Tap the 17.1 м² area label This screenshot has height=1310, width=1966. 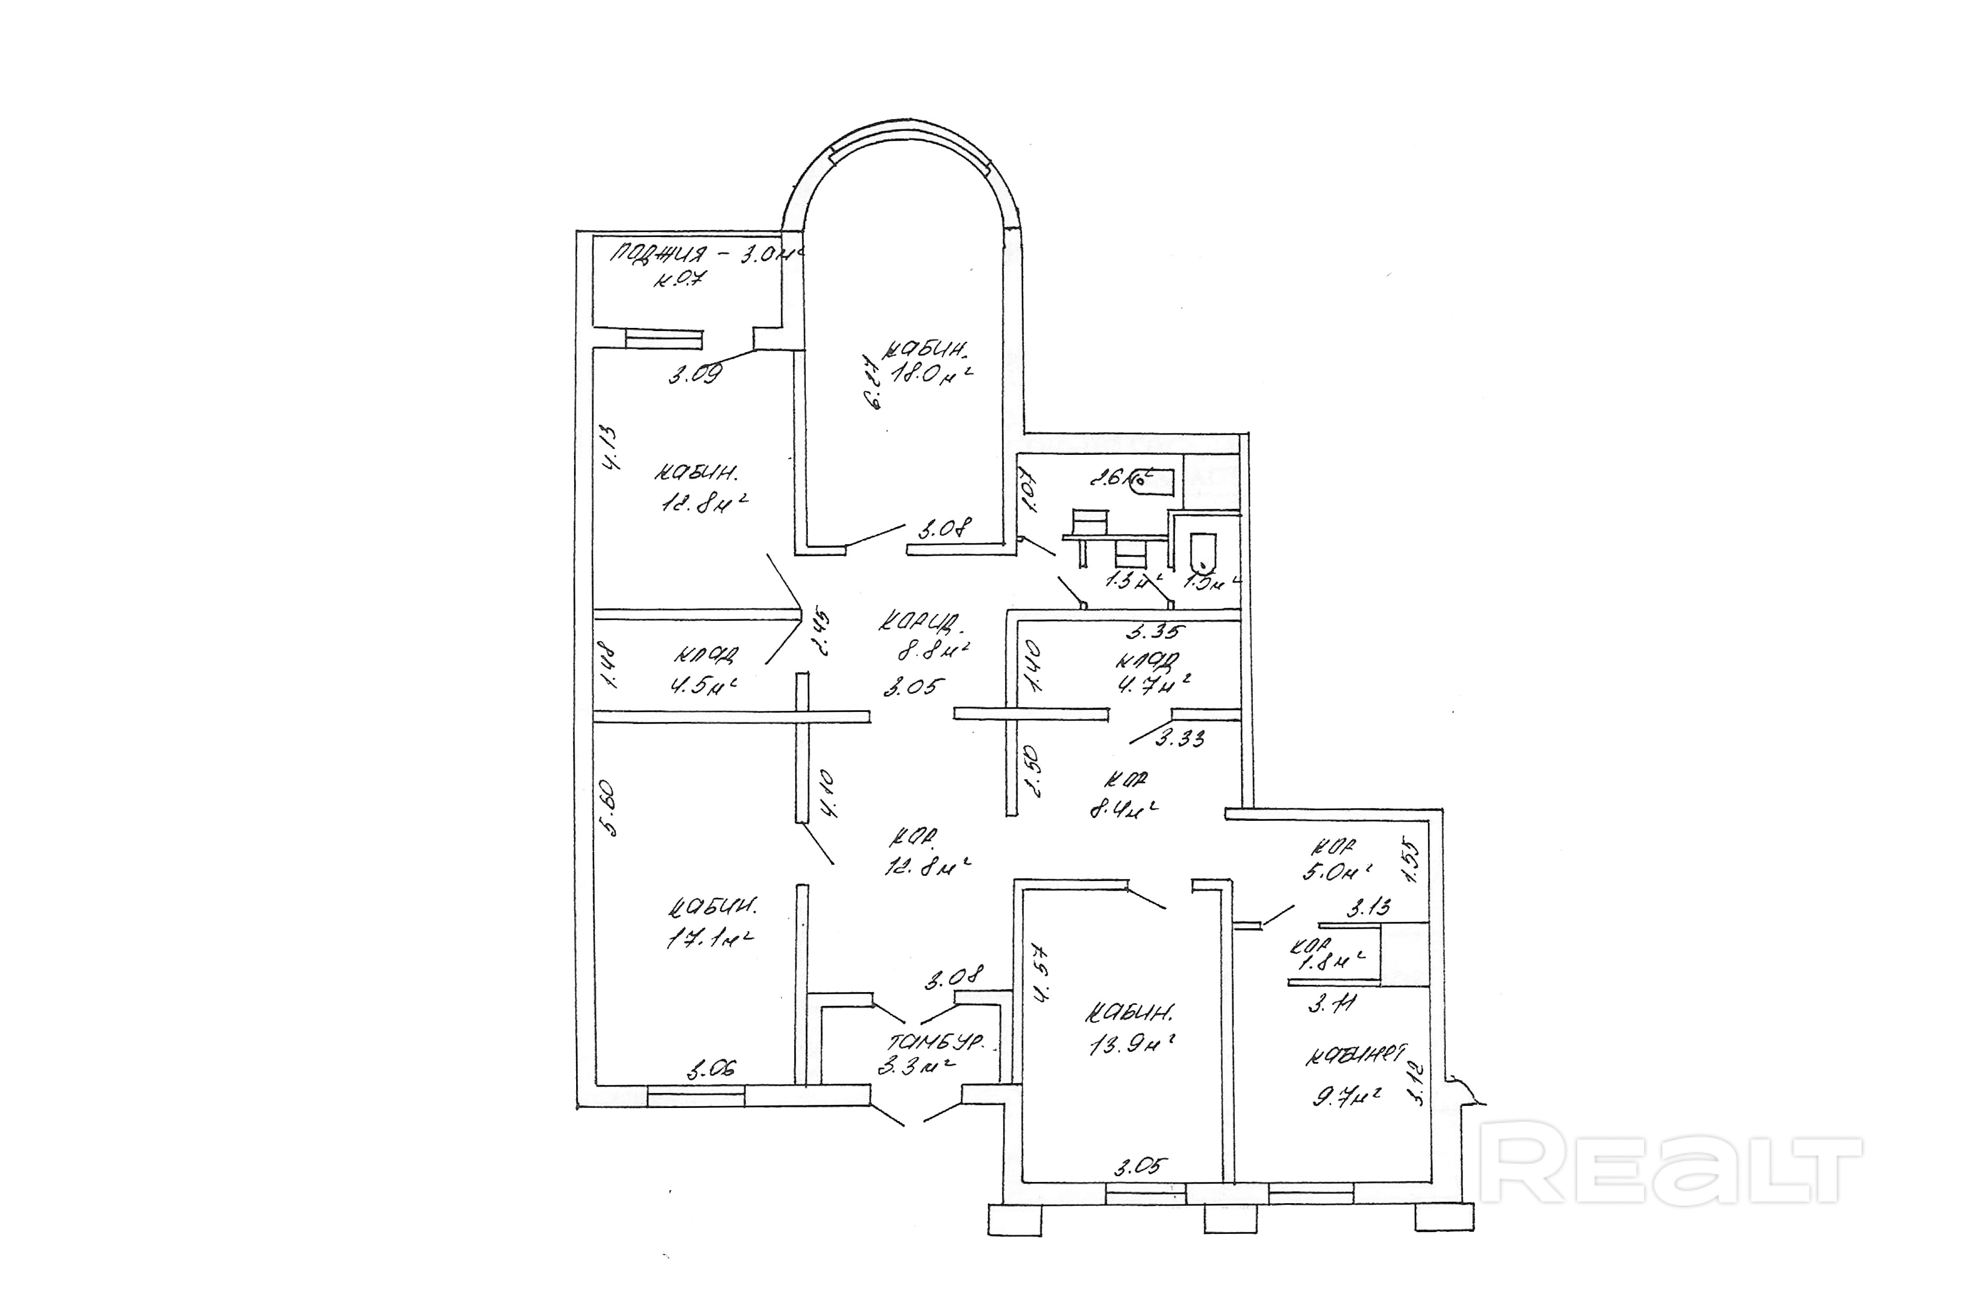709,938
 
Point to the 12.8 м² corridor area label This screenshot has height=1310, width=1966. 926,866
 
